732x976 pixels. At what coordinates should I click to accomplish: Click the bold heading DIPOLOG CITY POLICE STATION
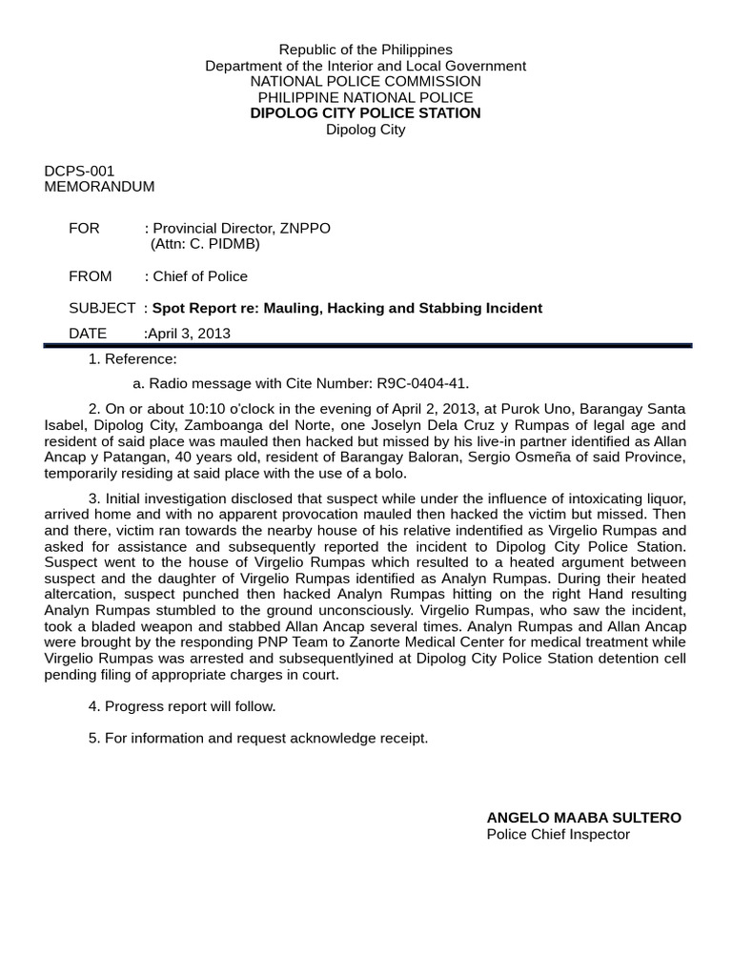(365, 113)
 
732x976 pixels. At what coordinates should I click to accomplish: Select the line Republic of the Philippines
(365, 50)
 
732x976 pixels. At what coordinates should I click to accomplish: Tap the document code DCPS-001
(79, 172)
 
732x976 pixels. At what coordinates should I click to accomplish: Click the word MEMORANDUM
(99, 187)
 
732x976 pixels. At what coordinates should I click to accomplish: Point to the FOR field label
(84, 229)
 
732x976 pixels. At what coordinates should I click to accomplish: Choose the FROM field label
(90, 276)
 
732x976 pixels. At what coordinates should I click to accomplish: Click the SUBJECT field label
(102, 308)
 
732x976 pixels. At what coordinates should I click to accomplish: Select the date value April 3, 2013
(189, 334)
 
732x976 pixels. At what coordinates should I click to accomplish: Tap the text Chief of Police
(199, 276)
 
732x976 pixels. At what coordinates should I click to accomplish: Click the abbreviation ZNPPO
(306, 229)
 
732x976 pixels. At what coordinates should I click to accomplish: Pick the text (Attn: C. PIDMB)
(205, 244)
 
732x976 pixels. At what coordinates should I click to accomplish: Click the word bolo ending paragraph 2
(391, 474)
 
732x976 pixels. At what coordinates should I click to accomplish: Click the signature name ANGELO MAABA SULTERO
(584, 818)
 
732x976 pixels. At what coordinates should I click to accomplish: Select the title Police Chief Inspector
(559, 834)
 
